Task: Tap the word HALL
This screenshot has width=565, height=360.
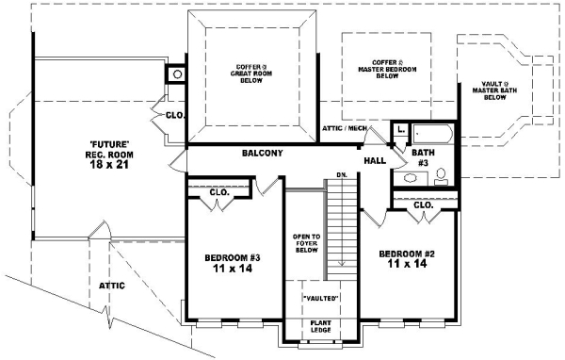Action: (375, 161)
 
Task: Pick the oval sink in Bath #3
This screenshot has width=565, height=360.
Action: (411, 178)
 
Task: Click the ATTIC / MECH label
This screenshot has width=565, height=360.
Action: (345, 127)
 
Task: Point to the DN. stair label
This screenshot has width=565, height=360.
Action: (342, 175)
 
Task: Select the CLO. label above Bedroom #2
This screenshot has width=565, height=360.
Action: (423, 204)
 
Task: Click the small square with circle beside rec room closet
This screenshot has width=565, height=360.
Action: (176, 74)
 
